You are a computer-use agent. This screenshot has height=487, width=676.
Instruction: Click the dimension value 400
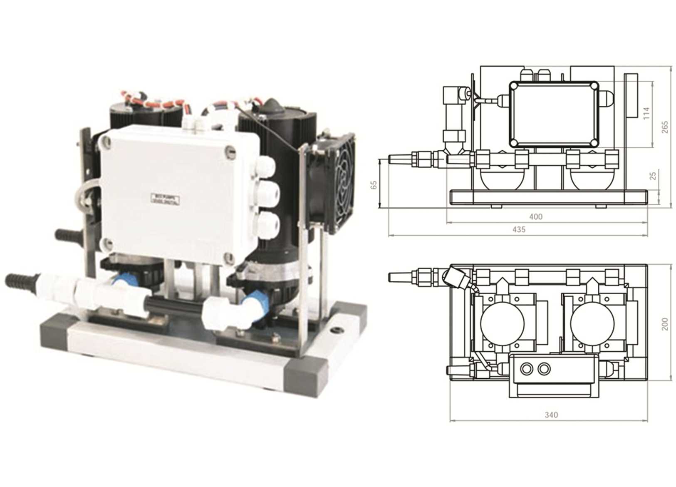536,217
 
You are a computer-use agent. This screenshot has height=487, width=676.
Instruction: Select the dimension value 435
519,229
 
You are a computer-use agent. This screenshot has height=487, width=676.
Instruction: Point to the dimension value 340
551,415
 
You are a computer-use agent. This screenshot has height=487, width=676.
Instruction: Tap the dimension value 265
664,127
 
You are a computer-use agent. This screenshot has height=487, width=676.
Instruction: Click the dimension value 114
646,113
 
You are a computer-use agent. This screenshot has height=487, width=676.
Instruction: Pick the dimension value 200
664,323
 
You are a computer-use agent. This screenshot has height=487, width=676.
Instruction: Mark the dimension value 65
373,184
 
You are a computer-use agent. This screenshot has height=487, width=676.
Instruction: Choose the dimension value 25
653,175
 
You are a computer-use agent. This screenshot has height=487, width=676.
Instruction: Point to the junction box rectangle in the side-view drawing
554,113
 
